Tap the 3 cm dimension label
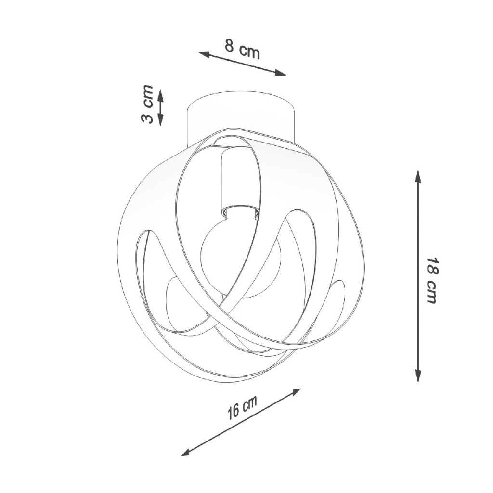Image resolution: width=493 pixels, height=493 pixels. click(x=146, y=104)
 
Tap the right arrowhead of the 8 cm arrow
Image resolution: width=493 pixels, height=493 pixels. click(x=281, y=73)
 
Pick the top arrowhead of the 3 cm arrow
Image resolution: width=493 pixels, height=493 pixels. click(x=160, y=95)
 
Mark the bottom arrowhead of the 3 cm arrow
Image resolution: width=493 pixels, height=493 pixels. click(x=160, y=120)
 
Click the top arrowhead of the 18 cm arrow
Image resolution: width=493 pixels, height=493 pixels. click(x=418, y=176)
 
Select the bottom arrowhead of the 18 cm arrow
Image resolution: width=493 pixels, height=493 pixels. click(x=418, y=376)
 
